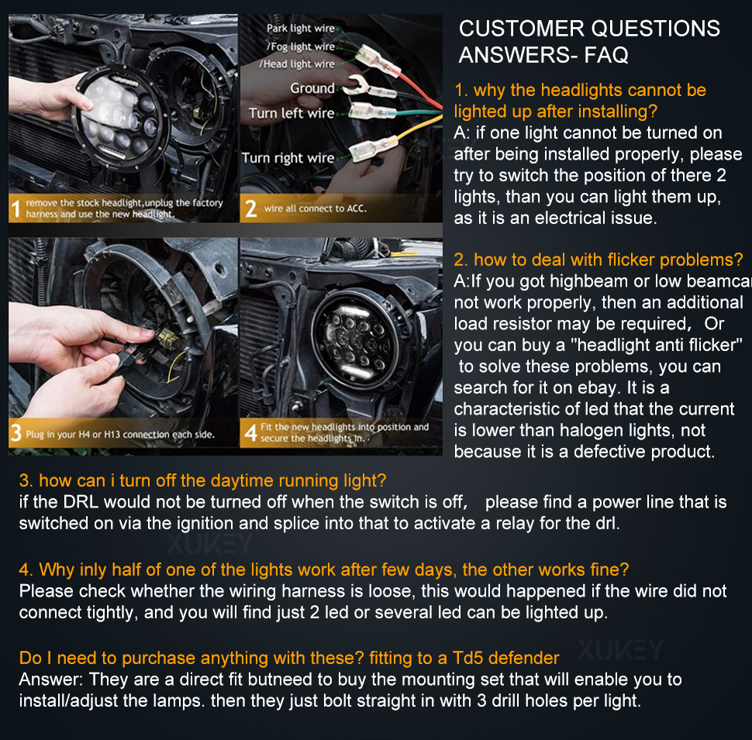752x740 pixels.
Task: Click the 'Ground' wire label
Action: click(x=312, y=88)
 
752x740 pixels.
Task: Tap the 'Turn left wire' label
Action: click(x=291, y=113)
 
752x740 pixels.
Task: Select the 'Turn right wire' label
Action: click(x=288, y=157)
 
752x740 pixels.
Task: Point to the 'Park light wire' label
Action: click(x=301, y=28)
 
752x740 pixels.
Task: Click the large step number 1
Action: click(x=16, y=209)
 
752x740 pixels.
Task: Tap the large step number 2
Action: click(x=251, y=208)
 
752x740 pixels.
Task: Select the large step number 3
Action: click(x=16, y=433)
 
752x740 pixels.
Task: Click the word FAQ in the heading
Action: click(x=606, y=55)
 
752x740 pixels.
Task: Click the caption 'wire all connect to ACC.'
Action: click(x=315, y=208)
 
